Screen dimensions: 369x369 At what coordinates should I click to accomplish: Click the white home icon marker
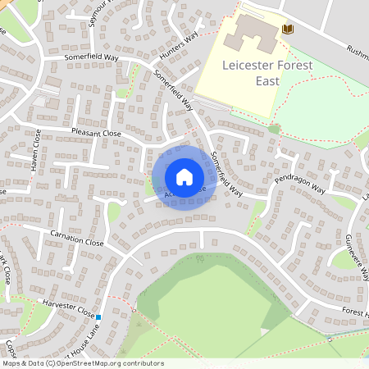coord(184,176)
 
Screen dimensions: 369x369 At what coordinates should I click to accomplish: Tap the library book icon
coord(287,30)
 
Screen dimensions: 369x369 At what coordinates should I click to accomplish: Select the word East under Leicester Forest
coord(266,81)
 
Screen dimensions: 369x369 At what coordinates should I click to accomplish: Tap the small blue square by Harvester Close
coord(98,317)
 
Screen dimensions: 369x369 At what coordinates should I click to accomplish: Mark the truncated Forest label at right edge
coord(355,313)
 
